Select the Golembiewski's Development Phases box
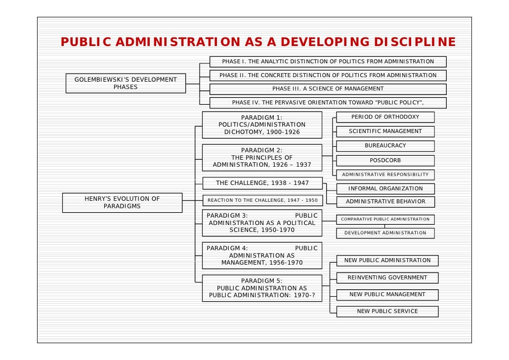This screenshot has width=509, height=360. point(126,83)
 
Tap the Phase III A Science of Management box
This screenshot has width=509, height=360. point(328,89)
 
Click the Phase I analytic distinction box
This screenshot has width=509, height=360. point(328,62)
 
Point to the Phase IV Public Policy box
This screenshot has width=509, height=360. point(328,103)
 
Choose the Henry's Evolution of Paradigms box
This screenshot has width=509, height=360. point(122,202)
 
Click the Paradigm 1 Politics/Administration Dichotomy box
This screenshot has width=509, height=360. point(262,125)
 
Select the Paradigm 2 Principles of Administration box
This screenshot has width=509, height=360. point(262,157)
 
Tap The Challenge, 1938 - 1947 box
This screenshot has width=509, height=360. point(262,183)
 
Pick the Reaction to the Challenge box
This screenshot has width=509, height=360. point(262,200)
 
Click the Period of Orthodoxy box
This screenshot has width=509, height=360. point(385,117)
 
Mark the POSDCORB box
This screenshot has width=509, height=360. point(385,161)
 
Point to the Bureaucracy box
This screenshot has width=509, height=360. point(385,146)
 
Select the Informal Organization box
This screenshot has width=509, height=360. point(385,188)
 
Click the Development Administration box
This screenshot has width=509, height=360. point(385,233)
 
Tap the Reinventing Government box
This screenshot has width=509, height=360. point(387,278)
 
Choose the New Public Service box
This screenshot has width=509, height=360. point(387,312)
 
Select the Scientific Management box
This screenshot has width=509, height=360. point(385,132)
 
